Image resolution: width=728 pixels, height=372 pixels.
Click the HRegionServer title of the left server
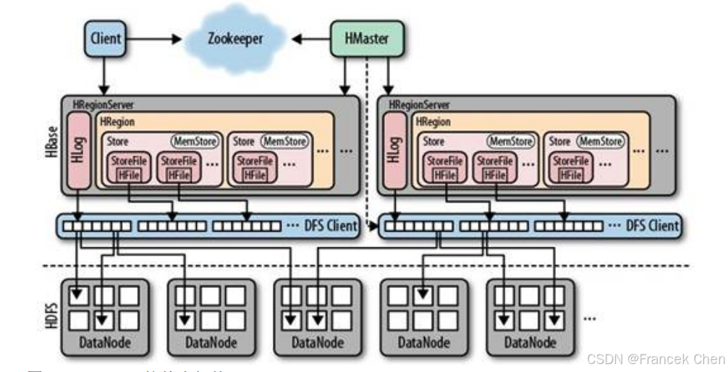pyautogui.click(x=102, y=106)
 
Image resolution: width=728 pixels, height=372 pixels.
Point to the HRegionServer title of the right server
pyautogui.click(x=418, y=106)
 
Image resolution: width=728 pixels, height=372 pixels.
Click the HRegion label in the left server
pyautogui.click(x=117, y=123)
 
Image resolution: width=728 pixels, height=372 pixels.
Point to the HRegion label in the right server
pyautogui.click(x=433, y=123)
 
